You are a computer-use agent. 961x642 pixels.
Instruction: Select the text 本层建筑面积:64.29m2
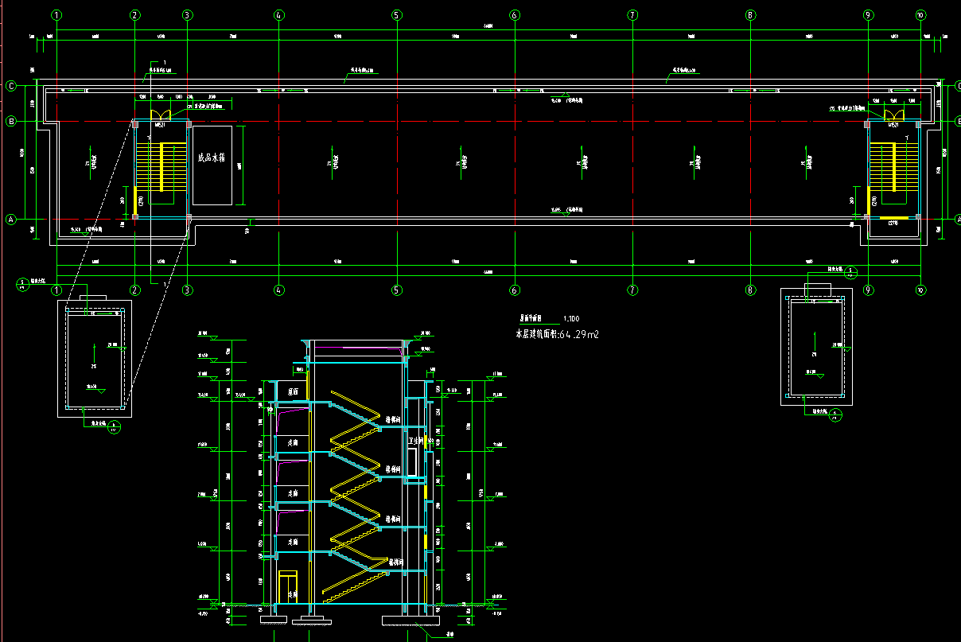[x=558, y=335]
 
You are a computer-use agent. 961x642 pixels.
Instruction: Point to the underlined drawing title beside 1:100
[x=536, y=317]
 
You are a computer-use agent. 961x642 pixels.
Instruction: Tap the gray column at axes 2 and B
[x=134, y=122]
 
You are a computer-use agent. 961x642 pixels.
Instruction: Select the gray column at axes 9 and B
[x=867, y=124]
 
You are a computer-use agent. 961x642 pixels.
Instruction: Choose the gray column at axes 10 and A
[x=918, y=216]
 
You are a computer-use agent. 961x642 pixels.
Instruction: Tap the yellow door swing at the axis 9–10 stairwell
[x=893, y=115]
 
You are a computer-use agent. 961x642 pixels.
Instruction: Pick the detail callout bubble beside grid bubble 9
[x=850, y=272]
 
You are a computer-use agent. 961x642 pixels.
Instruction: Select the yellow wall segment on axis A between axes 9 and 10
[x=893, y=217]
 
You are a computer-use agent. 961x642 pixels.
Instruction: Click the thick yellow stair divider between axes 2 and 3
[x=162, y=167]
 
